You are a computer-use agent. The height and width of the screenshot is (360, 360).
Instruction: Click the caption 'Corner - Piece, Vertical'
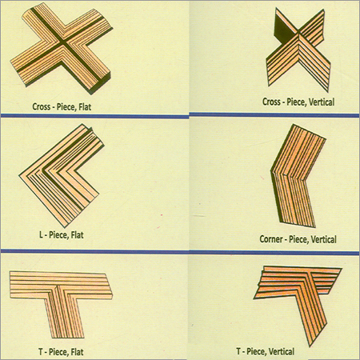pyautogui.click(x=298, y=239)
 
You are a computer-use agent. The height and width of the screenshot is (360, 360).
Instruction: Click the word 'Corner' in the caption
pyautogui.click(x=273, y=239)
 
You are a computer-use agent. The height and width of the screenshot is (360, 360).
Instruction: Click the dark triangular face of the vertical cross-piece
pyautogui.click(x=282, y=30)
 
